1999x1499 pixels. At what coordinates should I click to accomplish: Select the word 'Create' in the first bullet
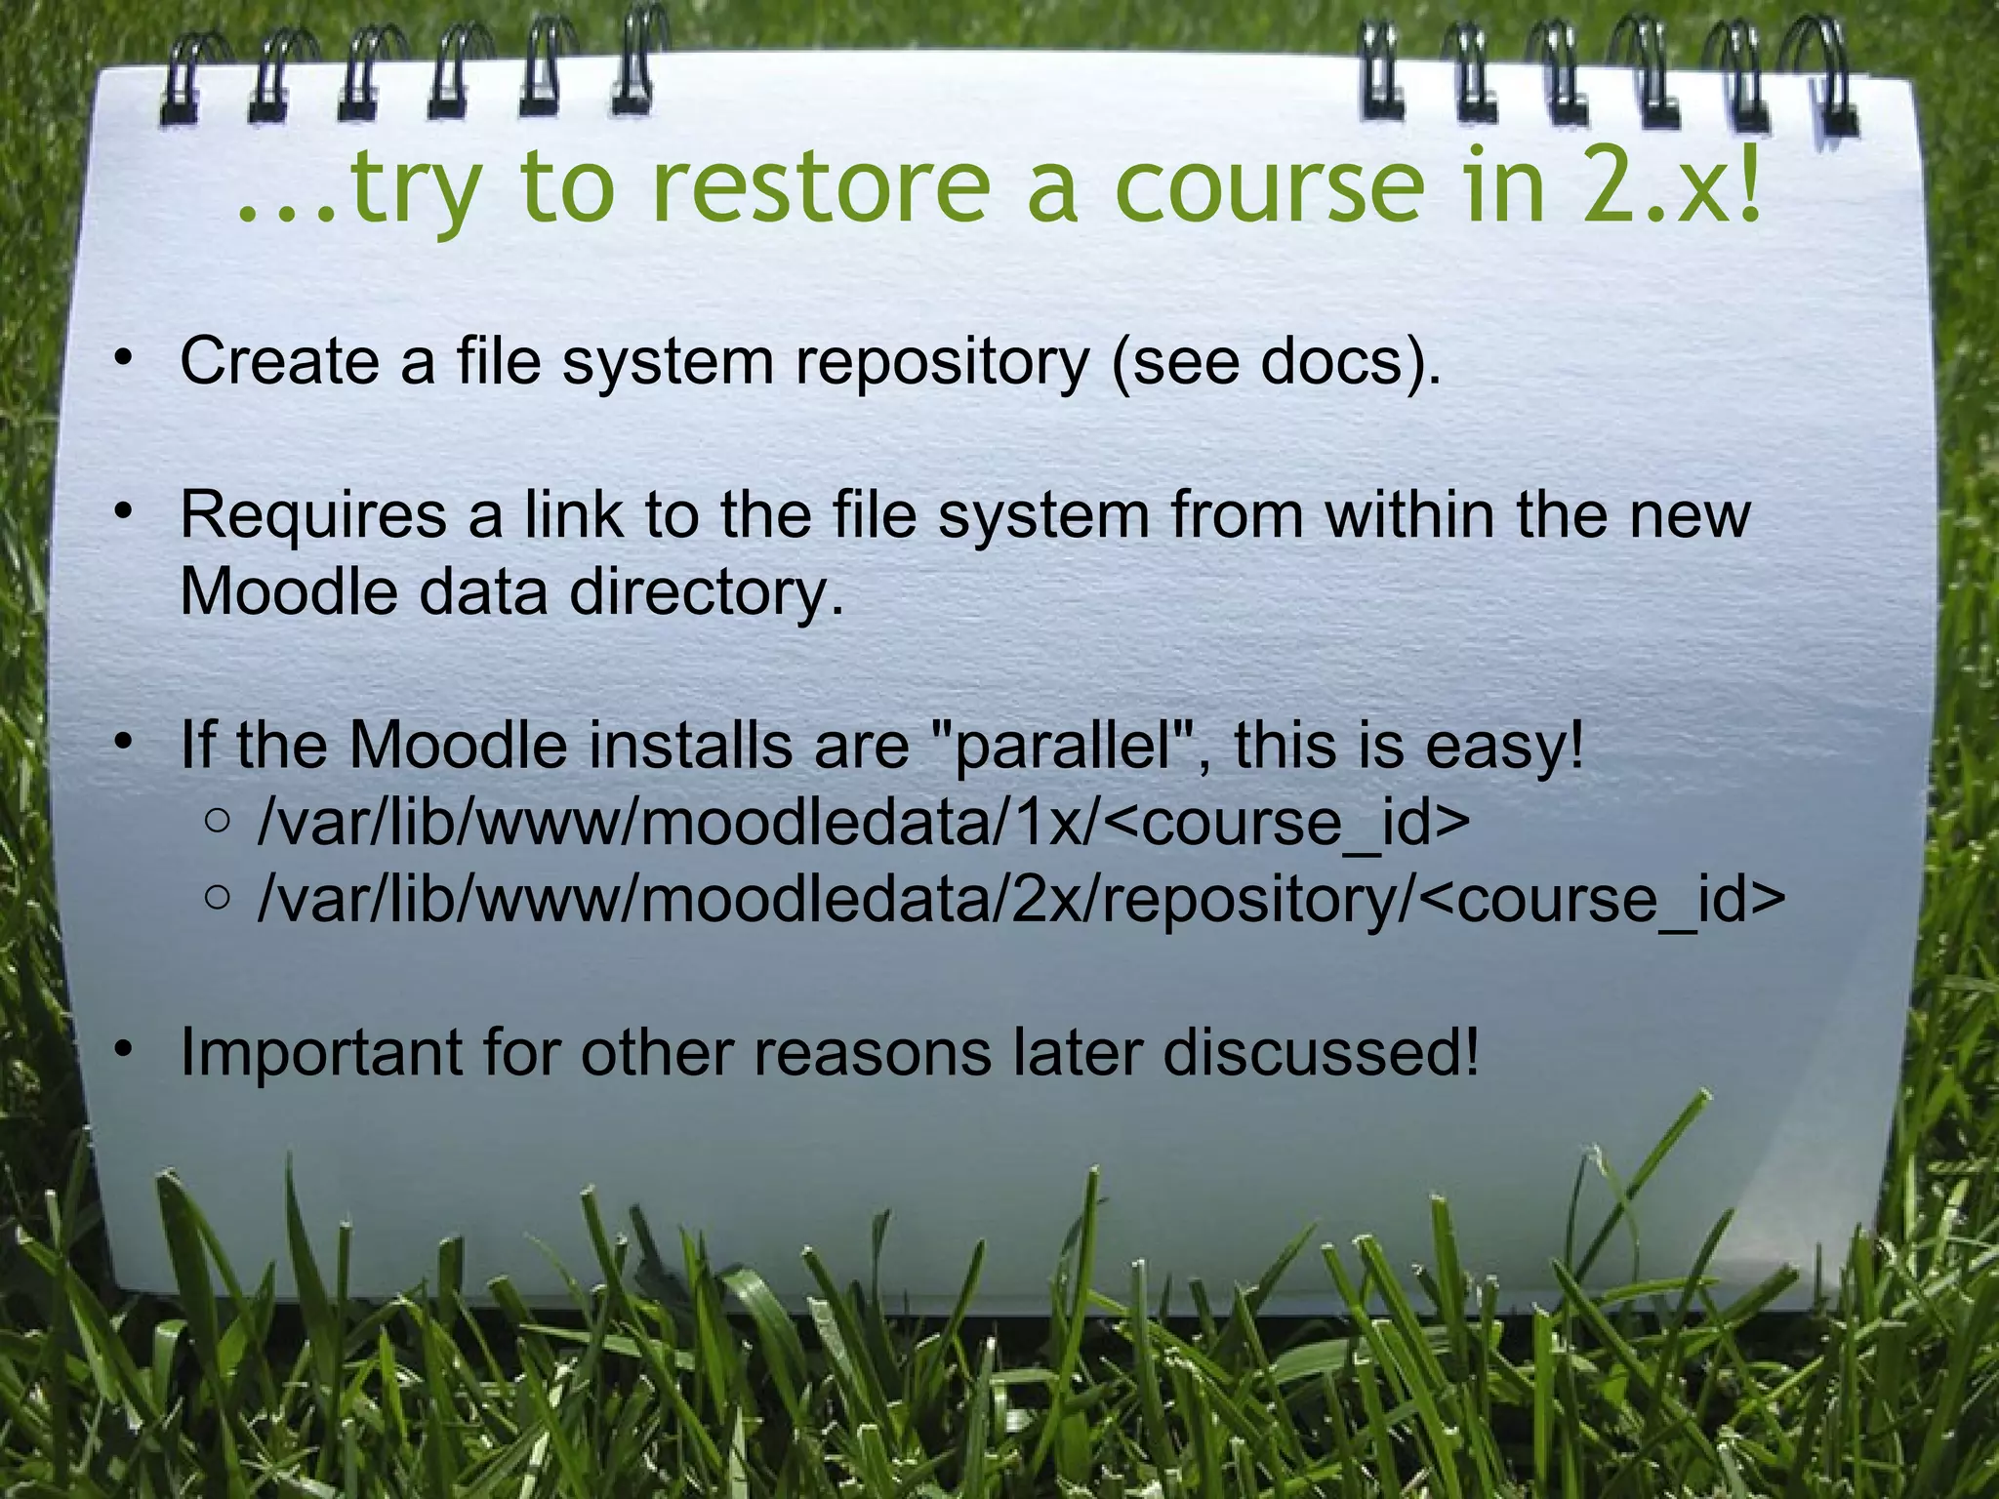(278, 362)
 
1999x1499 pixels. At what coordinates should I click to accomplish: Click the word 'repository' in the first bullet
(941, 362)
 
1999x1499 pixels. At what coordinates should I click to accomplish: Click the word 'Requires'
(311, 516)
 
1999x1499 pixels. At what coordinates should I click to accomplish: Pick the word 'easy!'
(1504, 747)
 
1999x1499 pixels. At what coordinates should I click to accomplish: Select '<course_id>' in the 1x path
(1288, 823)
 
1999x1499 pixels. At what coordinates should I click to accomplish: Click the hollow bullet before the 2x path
(219, 897)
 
